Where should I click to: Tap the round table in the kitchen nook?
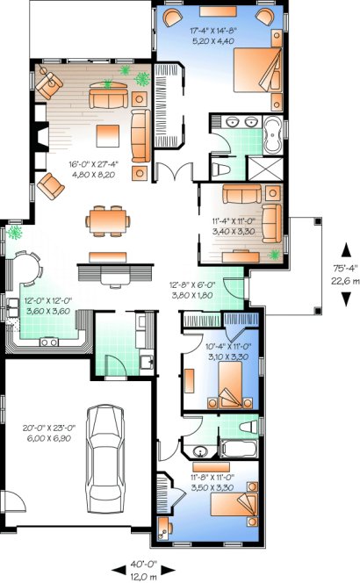tap(26, 267)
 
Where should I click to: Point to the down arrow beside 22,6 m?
tap(345, 299)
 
